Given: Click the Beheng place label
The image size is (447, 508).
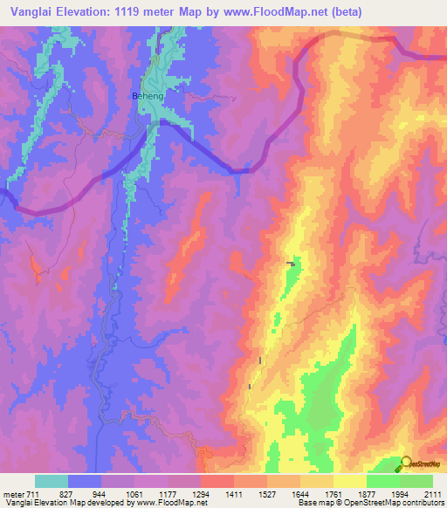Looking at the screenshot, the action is (147, 95).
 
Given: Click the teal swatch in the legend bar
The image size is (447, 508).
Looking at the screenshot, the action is (52, 481).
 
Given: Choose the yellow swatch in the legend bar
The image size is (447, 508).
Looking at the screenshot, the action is (350, 481).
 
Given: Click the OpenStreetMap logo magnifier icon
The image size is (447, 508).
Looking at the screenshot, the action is (406, 463).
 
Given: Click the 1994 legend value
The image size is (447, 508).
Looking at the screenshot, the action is (400, 494).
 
